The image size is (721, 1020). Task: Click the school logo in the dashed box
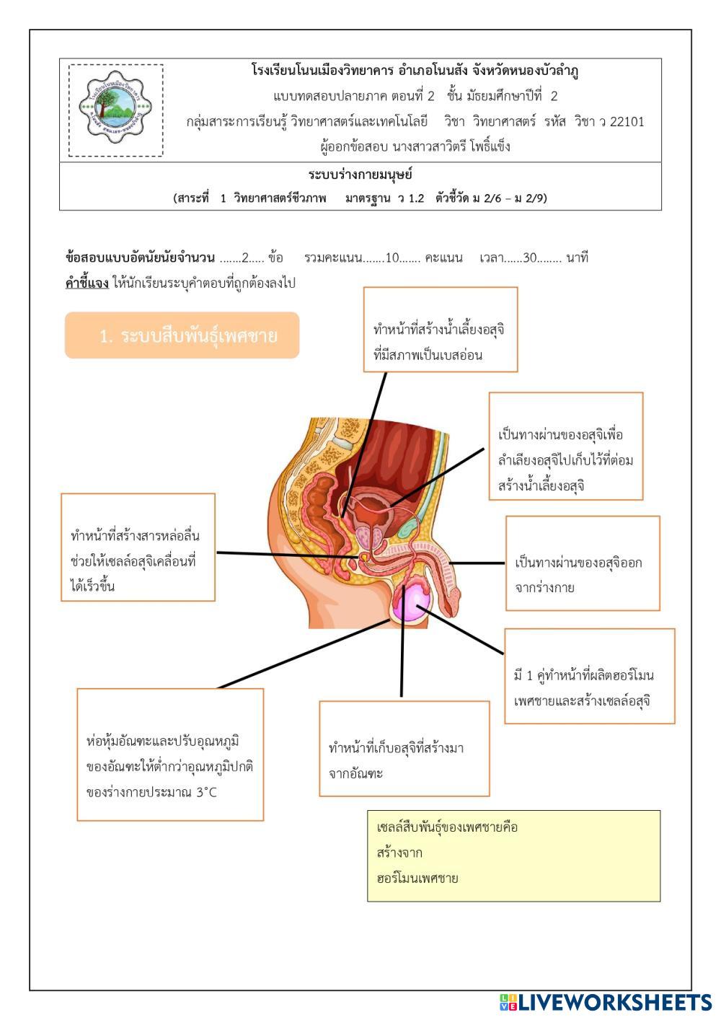pos(115,110)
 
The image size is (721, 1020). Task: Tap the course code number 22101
pos(627,121)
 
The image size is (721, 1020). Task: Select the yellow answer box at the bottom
pos(513,856)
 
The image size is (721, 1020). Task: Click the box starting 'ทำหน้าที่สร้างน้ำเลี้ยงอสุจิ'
pos(440,330)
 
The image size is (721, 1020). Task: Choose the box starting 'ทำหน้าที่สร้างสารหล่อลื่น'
pos(138,548)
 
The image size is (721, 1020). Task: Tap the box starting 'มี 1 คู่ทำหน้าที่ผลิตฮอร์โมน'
pos(589,676)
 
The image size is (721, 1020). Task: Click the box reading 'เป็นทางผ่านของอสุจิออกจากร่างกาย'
pos(582,563)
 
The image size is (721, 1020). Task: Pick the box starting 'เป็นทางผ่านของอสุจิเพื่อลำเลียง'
pos(565,447)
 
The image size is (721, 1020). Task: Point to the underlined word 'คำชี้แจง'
pos(87,283)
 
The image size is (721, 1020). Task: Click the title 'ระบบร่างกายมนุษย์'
pos(360,175)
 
